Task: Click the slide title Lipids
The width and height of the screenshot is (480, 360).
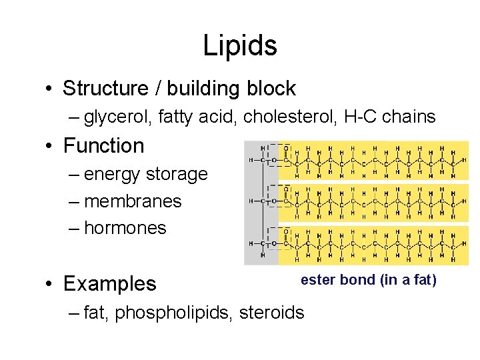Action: pos(240,46)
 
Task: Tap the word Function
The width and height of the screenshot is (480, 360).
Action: pos(103,145)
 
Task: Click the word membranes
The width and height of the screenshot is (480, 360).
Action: pos(133,201)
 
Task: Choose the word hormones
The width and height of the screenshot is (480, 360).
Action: pos(125,228)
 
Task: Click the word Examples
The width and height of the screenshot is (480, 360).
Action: pos(109,284)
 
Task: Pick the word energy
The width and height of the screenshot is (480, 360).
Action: pos(111,175)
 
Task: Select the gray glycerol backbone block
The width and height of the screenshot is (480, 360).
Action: pos(260,203)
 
